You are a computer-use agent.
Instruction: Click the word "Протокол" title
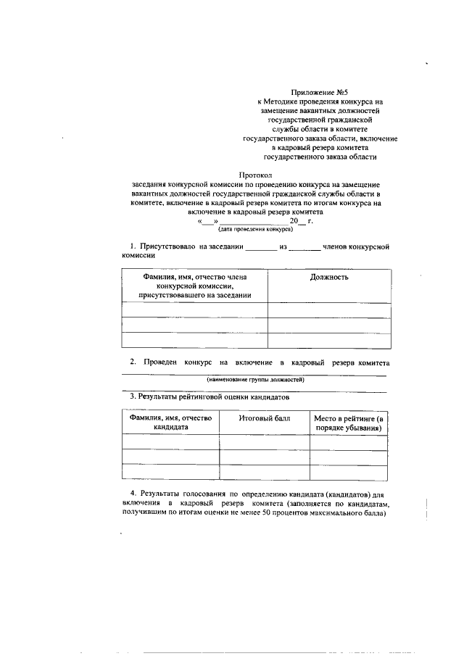(x=256, y=175)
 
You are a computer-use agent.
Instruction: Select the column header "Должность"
(x=329, y=277)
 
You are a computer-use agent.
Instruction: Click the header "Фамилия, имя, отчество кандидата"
(x=170, y=423)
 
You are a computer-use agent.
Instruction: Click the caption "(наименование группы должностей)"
(x=255, y=379)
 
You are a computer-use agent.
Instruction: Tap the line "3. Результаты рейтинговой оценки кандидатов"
(x=209, y=398)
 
